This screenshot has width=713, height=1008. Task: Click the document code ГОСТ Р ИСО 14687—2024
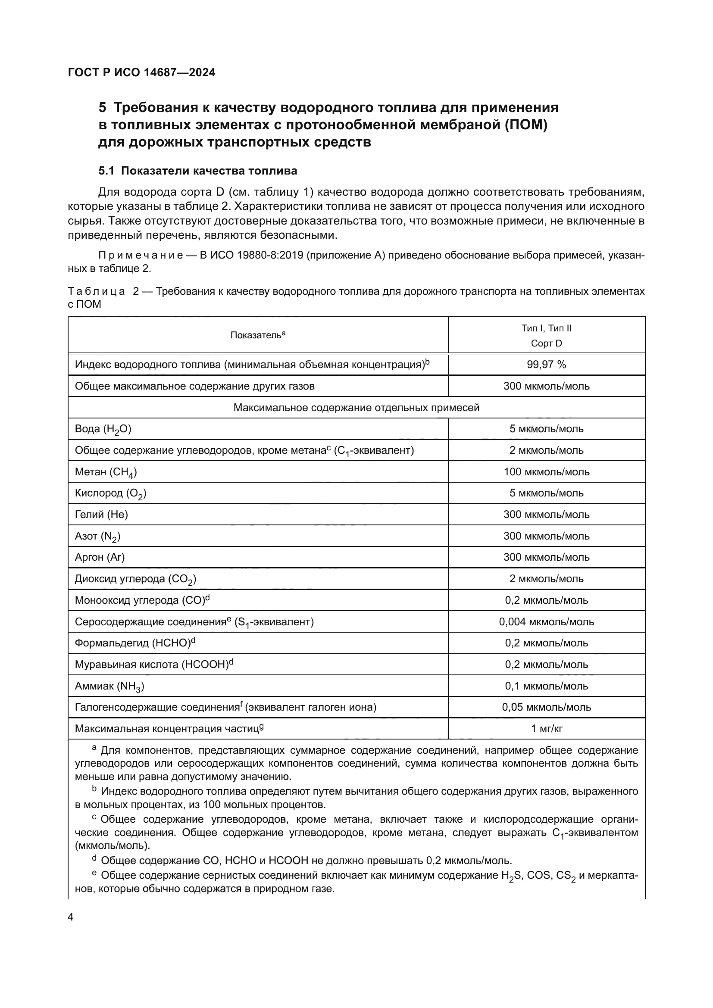click(x=141, y=73)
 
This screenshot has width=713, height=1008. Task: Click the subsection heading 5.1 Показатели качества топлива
click(x=197, y=171)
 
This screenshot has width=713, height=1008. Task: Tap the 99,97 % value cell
click(x=546, y=365)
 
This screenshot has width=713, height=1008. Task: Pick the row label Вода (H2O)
click(x=103, y=429)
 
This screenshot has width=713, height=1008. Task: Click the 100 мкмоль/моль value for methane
click(x=546, y=472)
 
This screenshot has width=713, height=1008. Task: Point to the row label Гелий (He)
click(x=101, y=514)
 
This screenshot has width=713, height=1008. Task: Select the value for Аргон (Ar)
click(x=546, y=557)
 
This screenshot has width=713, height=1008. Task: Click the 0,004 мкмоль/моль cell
click(x=546, y=622)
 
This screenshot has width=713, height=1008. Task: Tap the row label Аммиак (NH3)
click(x=109, y=686)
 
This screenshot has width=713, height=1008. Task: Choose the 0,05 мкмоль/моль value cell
click(x=546, y=707)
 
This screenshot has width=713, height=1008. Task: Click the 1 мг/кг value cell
click(x=546, y=729)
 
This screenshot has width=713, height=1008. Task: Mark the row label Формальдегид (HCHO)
click(x=134, y=643)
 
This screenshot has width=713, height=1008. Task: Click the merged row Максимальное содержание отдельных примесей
click(x=356, y=407)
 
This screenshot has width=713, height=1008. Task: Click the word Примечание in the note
click(x=140, y=256)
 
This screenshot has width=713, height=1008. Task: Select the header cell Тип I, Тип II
click(x=546, y=328)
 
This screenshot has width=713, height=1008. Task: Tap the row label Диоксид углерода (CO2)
click(x=135, y=579)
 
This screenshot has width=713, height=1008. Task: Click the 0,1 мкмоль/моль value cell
click(x=546, y=686)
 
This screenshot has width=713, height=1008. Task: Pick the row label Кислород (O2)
click(x=111, y=493)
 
